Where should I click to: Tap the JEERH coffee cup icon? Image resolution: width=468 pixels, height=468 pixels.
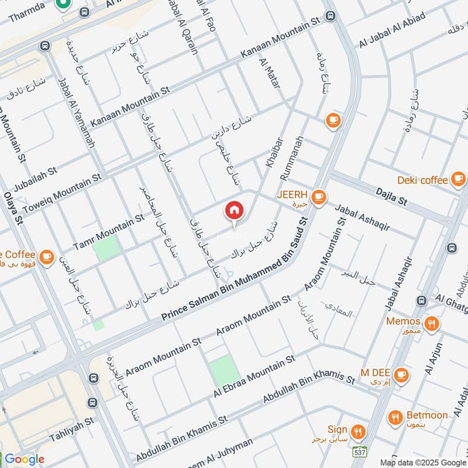318,197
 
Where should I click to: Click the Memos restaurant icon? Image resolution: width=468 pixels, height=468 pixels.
431,323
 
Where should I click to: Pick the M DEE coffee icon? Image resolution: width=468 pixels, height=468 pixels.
401,374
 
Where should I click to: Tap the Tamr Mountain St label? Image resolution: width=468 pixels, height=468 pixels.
108,232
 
